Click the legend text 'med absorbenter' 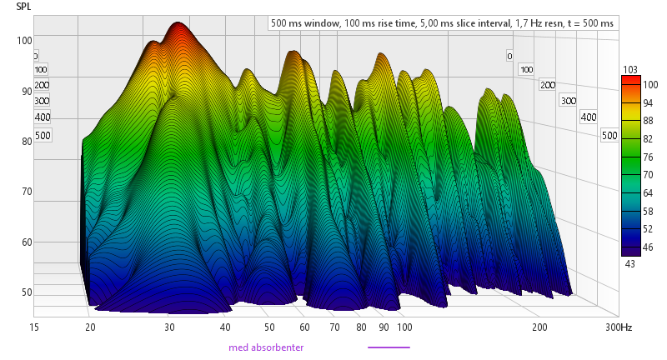266,347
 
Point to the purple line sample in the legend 389,347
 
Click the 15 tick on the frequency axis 34,328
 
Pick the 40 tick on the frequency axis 226,328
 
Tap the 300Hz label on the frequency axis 618,328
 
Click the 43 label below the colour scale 630,263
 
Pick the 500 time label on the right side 609,135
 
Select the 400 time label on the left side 43,117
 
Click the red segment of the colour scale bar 630,83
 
